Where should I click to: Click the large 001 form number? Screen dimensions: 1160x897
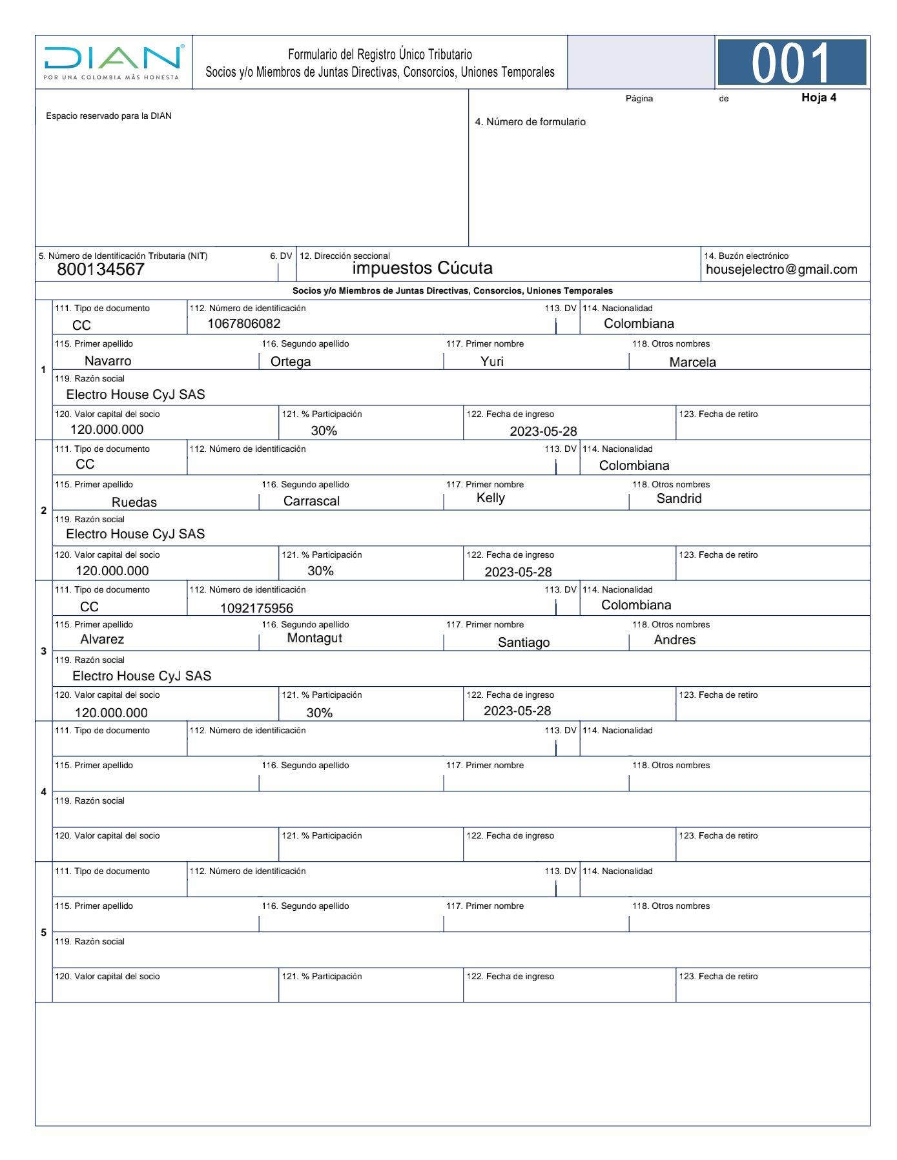(x=791, y=63)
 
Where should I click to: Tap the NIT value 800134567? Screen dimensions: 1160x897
(x=101, y=269)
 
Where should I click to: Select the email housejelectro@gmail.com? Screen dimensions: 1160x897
(x=781, y=269)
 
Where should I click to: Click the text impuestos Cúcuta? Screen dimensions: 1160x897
(x=422, y=268)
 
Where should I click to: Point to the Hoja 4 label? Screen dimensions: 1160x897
(x=818, y=97)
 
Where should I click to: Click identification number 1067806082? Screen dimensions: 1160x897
(x=243, y=323)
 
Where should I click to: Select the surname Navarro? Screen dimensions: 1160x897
(x=108, y=361)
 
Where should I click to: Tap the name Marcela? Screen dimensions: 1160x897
(x=692, y=362)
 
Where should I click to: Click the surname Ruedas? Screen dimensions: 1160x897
(x=134, y=502)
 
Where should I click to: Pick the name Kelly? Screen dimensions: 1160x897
(x=490, y=498)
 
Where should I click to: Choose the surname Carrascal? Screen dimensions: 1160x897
(x=311, y=501)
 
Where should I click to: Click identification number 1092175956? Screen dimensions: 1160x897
(x=256, y=608)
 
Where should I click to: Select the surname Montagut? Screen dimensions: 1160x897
(x=314, y=638)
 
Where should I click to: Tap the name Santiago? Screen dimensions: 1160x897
(x=524, y=642)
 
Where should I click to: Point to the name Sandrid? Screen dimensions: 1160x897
(x=679, y=498)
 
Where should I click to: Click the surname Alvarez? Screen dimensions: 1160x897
(x=102, y=639)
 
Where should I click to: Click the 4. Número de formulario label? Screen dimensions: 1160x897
(x=530, y=122)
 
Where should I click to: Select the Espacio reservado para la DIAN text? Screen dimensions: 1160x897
(x=108, y=116)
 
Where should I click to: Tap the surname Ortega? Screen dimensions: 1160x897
(x=291, y=361)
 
